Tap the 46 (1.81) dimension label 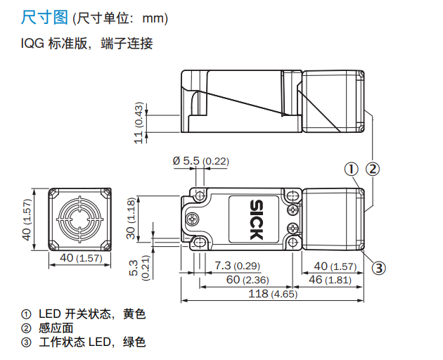tap(330, 281)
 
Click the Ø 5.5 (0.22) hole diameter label tap(200, 162)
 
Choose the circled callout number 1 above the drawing tap(351, 169)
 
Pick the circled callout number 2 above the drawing tap(373, 169)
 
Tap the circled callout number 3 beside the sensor tap(378, 268)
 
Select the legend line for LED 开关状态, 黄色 tap(84, 314)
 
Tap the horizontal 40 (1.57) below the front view tap(81, 258)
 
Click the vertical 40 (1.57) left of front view tap(27, 219)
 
